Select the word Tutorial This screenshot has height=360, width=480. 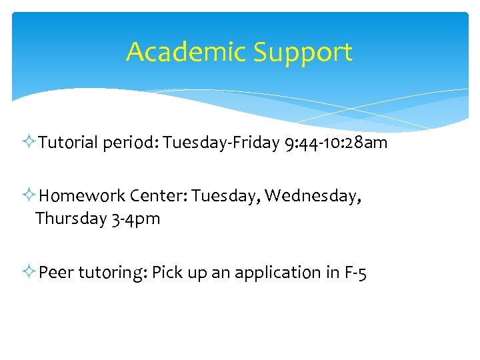point(69,143)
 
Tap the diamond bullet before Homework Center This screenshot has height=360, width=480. point(31,196)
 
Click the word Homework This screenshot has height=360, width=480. point(82,196)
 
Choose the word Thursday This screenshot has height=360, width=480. point(71,219)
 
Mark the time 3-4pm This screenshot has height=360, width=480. point(136,219)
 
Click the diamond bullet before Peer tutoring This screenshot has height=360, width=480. point(31,273)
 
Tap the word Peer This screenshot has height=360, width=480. point(57,273)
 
